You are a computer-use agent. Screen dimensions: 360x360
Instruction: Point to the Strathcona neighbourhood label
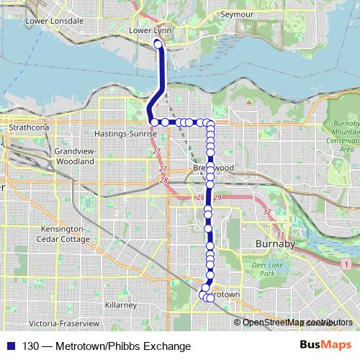[x=28, y=127]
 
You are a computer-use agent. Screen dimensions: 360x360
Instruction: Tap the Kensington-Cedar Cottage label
[x=64, y=234]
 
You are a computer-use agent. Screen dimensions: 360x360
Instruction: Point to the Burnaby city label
[x=276, y=245]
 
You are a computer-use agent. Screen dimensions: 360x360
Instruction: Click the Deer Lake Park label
[x=268, y=269]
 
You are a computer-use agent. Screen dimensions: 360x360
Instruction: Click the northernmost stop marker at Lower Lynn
[x=158, y=45]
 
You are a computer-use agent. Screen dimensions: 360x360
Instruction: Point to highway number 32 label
[x=267, y=212]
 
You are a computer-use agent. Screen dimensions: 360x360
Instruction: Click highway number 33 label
[x=280, y=235]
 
